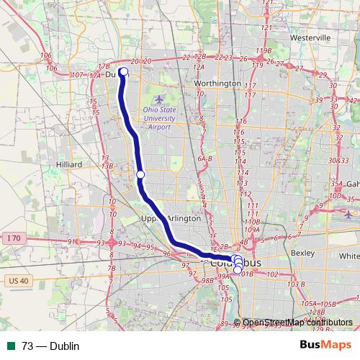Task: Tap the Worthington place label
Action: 217,84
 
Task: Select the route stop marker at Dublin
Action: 123,71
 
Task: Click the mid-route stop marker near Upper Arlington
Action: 140,175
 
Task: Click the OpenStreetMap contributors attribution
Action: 297,323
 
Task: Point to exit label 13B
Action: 108,165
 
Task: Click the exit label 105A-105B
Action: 320,305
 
